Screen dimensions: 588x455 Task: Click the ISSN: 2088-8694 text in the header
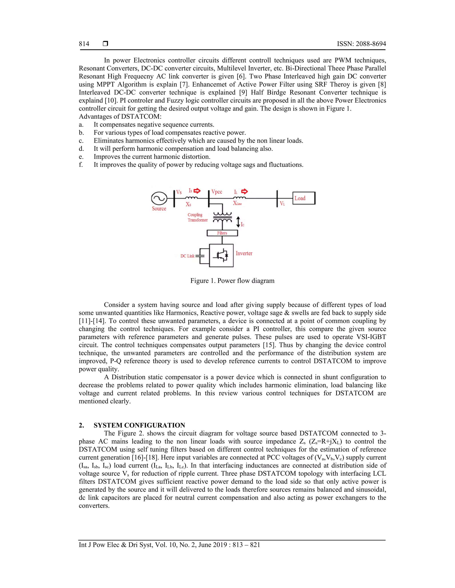click(x=361, y=44)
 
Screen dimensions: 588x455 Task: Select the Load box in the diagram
click(x=303, y=198)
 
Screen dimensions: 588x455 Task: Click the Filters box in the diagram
click(x=222, y=233)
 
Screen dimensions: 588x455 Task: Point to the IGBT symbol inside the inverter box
click(x=222, y=255)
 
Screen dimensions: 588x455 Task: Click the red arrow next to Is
click(x=197, y=191)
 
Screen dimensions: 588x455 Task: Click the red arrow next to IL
click(x=244, y=191)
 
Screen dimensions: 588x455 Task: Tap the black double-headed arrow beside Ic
click(x=238, y=222)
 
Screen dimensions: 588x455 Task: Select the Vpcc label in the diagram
click(x=217, y=192)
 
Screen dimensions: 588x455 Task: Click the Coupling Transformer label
click(x=198, y=217)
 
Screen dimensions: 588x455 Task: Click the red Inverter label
click(x=244, y=253)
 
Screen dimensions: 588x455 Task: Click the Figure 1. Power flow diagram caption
click(x=232, y=281)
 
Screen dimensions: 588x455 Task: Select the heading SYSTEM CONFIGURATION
click(x=139, y=425)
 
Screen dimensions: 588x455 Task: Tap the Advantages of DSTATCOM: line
click(x=120, y=116)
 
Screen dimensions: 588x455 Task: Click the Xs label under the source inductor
click(x=188, y=204)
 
